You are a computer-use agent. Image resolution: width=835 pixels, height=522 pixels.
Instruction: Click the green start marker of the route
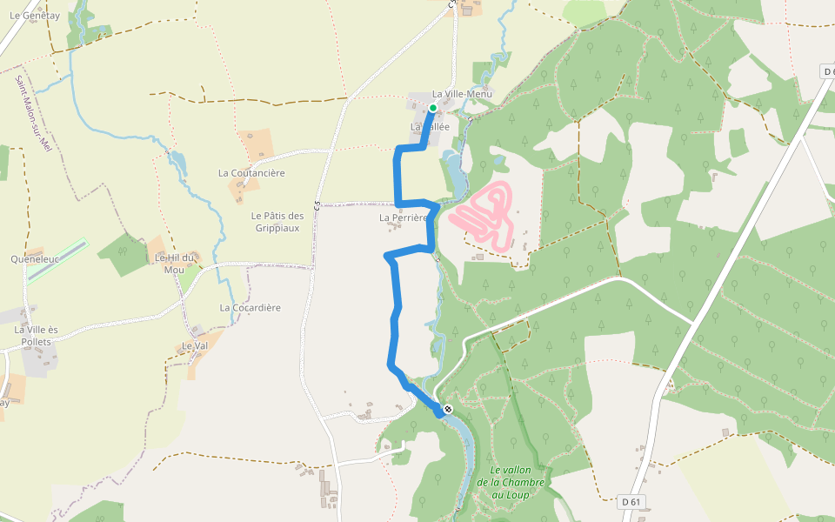(432, 108)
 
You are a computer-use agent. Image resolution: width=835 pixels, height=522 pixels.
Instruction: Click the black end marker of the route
(448, 408)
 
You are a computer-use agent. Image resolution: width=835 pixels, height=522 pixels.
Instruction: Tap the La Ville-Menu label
(462, 94)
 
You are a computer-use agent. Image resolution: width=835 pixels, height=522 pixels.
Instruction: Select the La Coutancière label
(251, 173)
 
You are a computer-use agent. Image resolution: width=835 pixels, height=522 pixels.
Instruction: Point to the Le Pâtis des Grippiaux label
(277, 222)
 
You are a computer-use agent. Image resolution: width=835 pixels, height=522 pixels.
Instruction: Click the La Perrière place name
(404, 217)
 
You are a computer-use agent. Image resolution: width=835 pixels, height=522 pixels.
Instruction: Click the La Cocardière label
(250, 308)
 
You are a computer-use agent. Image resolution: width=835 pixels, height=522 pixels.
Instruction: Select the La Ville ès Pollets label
(36, 335)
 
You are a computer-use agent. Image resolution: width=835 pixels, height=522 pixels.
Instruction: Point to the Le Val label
(194, 345)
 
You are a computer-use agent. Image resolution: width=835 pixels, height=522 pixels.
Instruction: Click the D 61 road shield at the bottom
(632, 502)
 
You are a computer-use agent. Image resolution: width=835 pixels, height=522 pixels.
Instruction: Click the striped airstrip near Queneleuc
(57, 261)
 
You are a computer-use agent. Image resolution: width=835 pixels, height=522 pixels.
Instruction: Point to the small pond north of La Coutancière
(178, 160)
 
